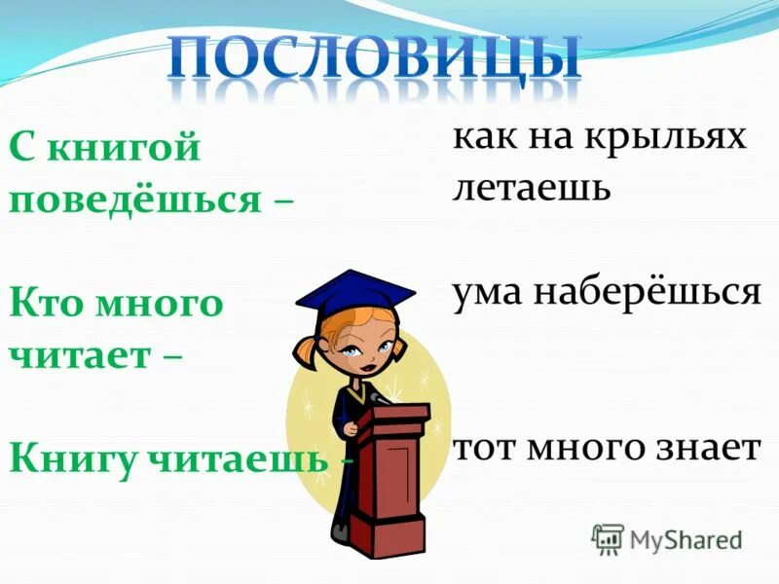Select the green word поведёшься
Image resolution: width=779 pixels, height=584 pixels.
(135, 201)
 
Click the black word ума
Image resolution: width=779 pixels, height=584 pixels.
(491, 292)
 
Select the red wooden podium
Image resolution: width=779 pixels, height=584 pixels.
(389, 467)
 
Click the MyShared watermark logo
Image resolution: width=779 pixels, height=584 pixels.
(667, 538)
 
